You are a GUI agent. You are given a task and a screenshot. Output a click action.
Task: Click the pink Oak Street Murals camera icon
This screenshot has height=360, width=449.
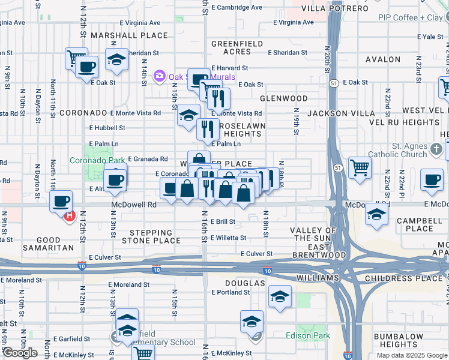160,76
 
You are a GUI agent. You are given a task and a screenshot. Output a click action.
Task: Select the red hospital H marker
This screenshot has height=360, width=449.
69,216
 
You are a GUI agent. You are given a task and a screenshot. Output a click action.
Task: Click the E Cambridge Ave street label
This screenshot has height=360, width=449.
238,8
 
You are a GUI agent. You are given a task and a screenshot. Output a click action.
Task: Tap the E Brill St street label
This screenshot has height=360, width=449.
223,221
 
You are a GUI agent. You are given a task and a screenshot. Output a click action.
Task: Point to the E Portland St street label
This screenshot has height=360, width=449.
231,293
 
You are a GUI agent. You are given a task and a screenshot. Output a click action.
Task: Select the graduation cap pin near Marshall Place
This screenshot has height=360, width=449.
116,59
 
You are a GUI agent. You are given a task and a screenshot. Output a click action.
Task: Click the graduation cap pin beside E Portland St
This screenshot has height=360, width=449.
279,296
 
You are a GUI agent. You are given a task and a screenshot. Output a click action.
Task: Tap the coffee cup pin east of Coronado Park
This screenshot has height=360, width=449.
115,179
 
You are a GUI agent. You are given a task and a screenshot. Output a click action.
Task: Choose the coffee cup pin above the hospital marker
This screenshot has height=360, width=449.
61,201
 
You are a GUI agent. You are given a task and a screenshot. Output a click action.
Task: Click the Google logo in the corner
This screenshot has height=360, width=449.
20,353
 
